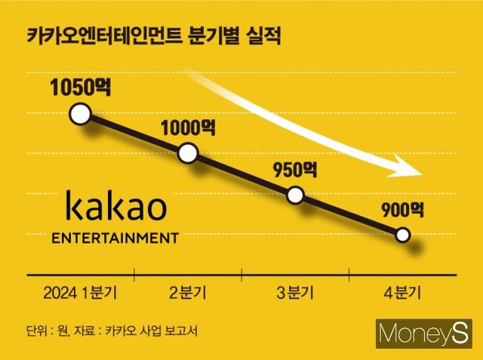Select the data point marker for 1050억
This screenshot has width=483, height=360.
point(80,115)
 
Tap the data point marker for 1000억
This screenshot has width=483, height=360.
point(187,155)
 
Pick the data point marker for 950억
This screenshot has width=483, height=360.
point(295,195)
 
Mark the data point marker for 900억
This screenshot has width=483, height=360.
point(402,235)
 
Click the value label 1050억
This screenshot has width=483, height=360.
point(80,88)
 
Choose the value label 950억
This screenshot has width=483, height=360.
point(293,169)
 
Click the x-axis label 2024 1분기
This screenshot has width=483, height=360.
point(80,291)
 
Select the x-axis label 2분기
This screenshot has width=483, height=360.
point(187,291)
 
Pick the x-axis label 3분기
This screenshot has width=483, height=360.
point(295,291)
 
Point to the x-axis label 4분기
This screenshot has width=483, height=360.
point(402,291)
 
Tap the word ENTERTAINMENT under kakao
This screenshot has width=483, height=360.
point(115,238)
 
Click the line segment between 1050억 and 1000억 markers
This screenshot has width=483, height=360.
point(134,135)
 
